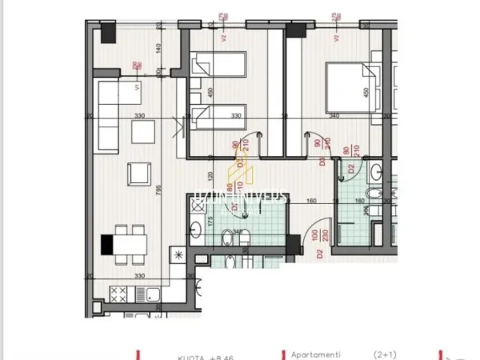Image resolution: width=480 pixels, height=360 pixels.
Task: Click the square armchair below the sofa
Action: pos(139,173)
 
